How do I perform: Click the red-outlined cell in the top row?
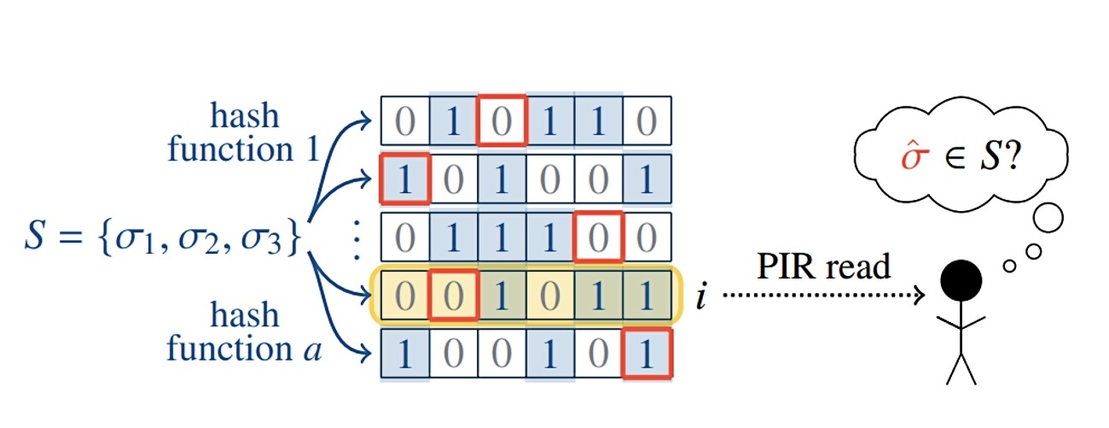tap(502, 121)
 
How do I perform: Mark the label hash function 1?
tap(247, 133)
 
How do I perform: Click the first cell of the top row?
tap(405, 121)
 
